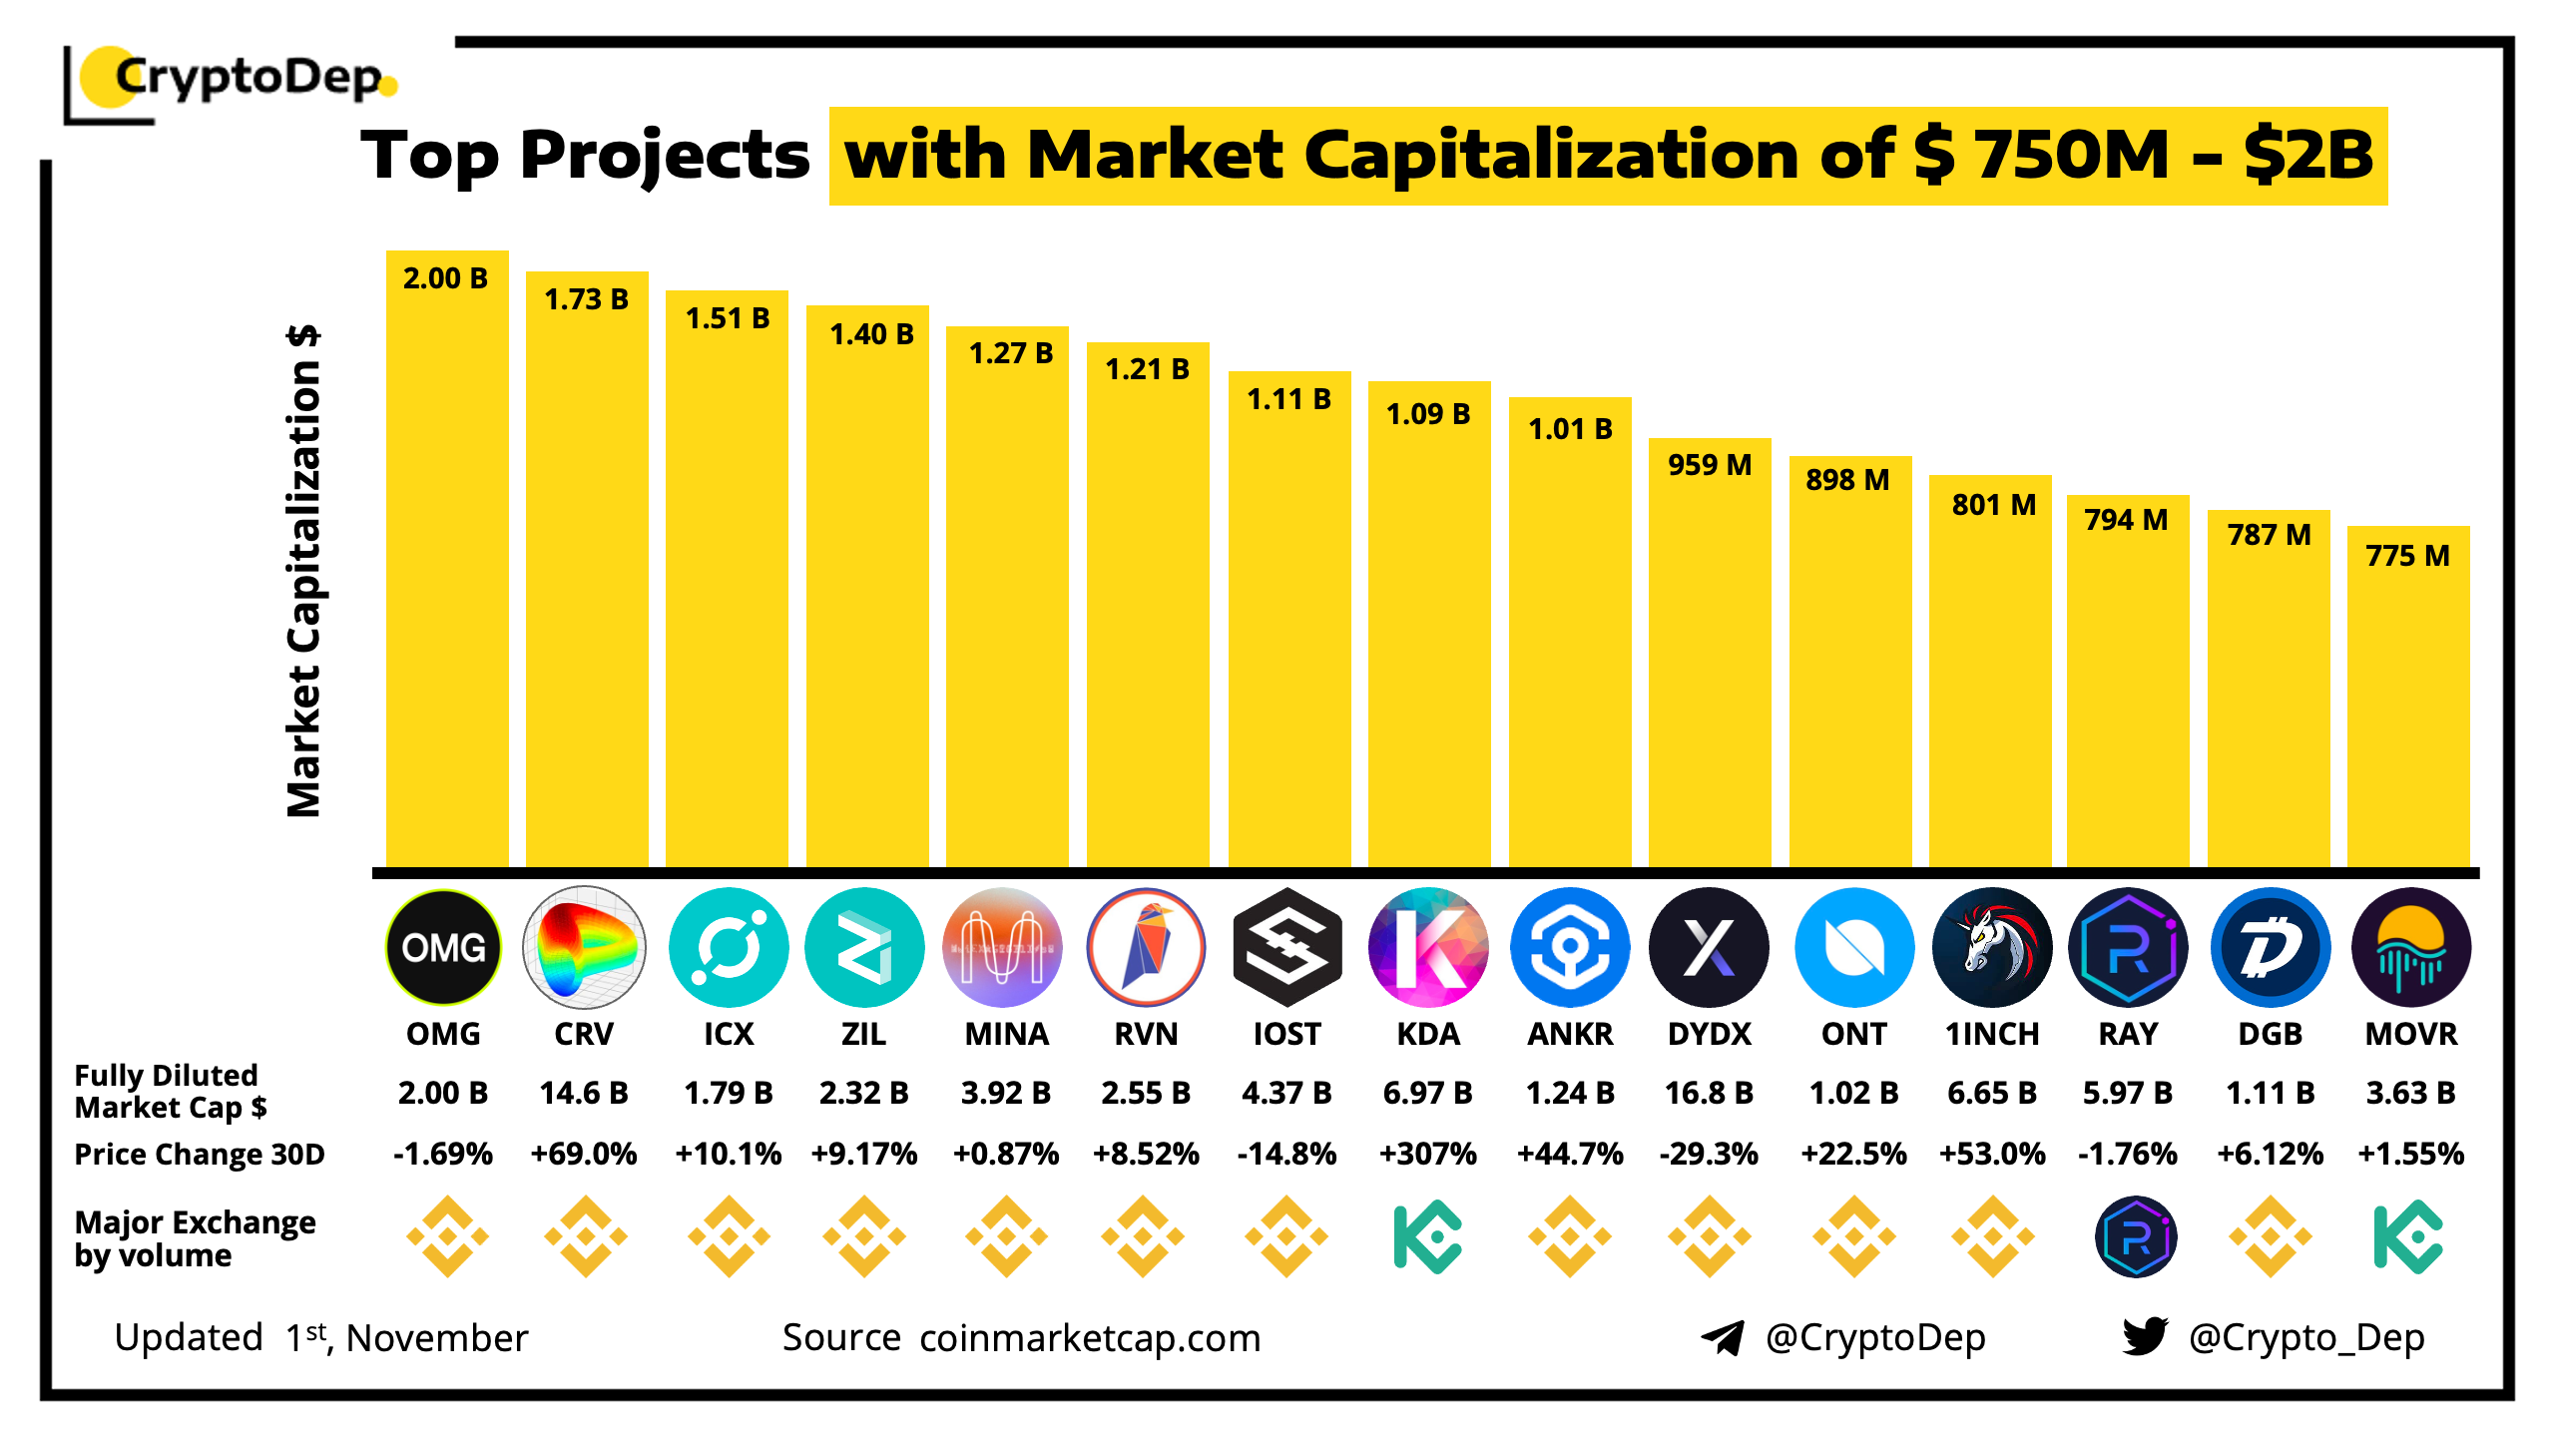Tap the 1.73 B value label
click(587, 299)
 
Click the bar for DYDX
click(1710, 659)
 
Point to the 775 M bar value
click(2407, 556)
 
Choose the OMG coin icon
click(443, 947)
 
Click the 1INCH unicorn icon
click(1992, 947)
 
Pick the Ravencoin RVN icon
click(1146, 947)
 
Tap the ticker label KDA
click(1428, 1035)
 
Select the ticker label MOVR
click(2411, 1035)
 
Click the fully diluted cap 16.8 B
click(1709, 1094)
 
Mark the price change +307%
click(1427, 1155)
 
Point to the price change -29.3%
click(1709, 1155)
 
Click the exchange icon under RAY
click(2135, 1237)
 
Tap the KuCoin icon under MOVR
click(2408, 1237)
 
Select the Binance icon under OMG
click(447, 1237)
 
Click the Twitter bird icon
click(2145, 1336)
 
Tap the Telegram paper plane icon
click(1723, 1337)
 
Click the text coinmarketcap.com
click(1090, 1338)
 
